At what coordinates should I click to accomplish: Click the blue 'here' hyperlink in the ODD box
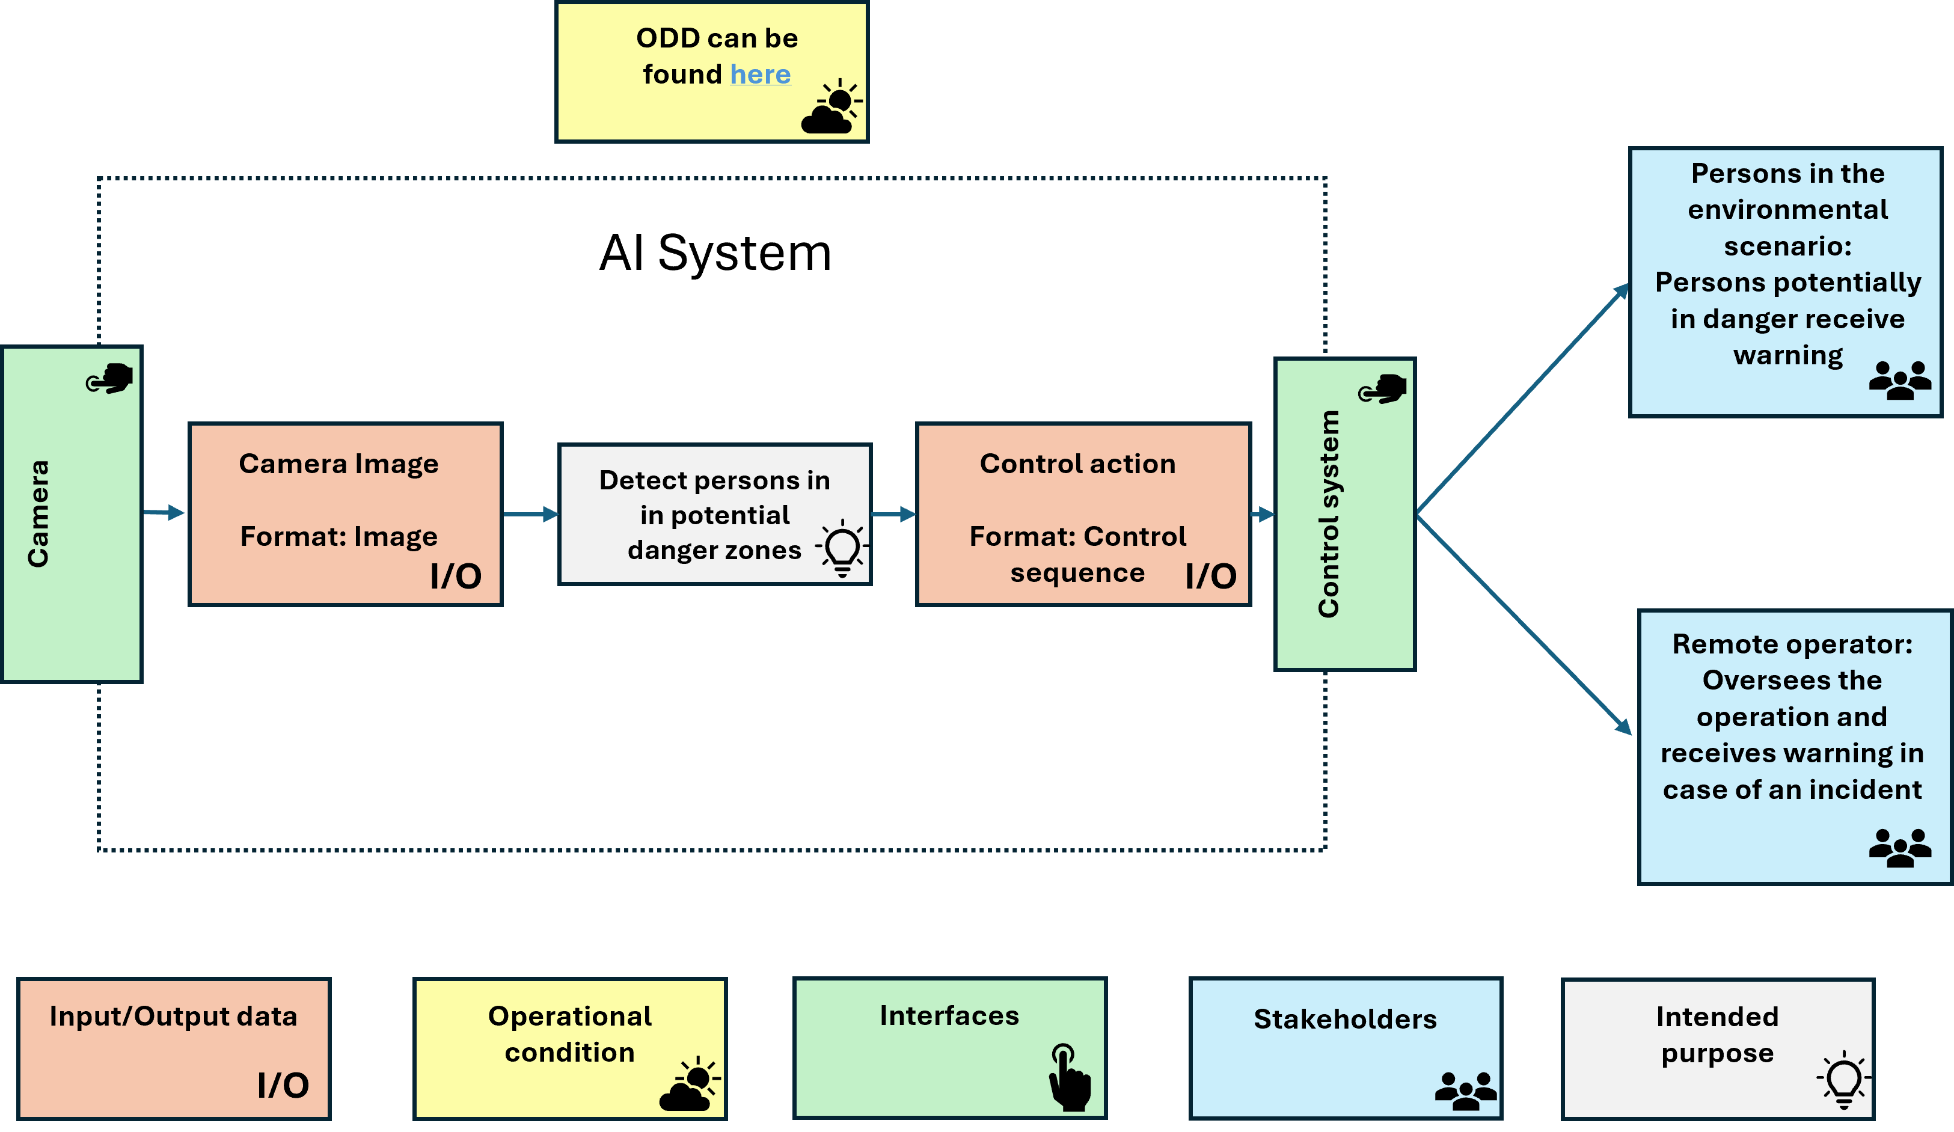(760, 75)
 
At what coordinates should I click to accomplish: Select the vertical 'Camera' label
(38, 513)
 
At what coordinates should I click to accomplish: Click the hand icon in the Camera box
(109, 378)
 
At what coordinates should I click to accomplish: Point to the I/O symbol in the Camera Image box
(456, 576)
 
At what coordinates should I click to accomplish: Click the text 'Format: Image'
(339, 536)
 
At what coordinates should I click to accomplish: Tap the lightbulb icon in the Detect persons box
(842, 549)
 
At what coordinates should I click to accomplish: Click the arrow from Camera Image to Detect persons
(531, 514)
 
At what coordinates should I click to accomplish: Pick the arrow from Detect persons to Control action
(894, 514)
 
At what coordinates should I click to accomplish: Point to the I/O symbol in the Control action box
(1210, 576)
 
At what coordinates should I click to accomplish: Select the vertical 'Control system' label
(1328, 513)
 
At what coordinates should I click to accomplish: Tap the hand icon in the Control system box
(1383, 389)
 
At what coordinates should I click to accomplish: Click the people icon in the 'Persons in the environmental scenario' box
(1900, 380)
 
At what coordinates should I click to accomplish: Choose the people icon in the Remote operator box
(1900, 848)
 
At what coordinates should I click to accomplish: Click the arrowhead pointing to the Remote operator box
(1622, 726)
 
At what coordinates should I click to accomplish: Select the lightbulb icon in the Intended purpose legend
(1844, 1079)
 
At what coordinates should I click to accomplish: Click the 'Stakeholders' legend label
(1346, 1020)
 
